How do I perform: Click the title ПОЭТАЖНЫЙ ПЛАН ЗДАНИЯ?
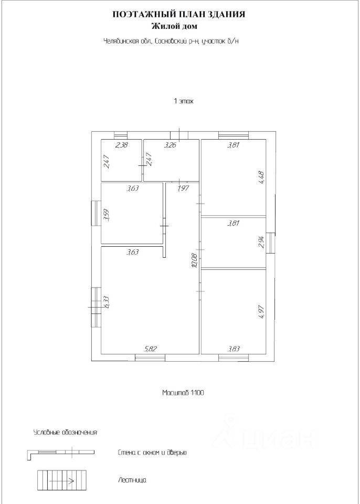179,15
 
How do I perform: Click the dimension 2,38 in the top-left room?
122,145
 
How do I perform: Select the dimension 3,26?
170,145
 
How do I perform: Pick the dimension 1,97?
183,187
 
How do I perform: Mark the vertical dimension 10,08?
195,260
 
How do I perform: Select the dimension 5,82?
151,348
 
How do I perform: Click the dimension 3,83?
234,348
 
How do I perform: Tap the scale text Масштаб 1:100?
183,392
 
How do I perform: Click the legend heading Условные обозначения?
66,433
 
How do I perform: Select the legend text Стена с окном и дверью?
153,452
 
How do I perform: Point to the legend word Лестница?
132,480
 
